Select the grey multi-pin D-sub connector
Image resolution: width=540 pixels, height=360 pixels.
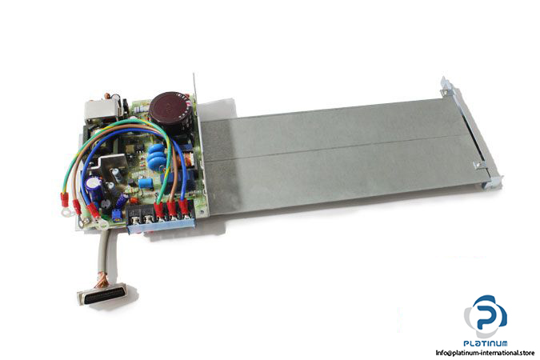(x=102, y=294)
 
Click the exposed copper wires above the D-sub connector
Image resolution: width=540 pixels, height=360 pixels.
(x=102, y=279)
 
